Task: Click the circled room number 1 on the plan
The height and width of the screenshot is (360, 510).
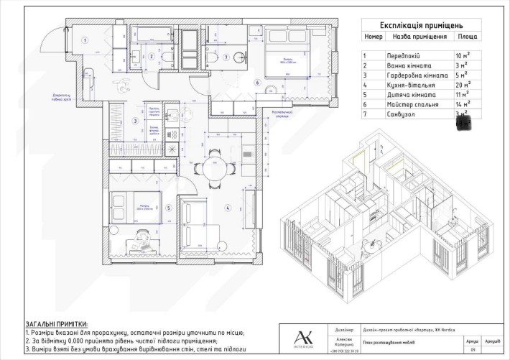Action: tap(83, 40)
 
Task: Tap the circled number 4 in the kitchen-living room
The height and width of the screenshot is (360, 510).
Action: tap(228, 209)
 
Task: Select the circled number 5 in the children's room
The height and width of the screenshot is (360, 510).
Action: tap(169, 209)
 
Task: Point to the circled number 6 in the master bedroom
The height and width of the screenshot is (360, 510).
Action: tap(256, 83)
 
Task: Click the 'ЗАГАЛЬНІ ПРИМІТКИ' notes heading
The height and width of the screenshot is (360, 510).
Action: tap(55, 324)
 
